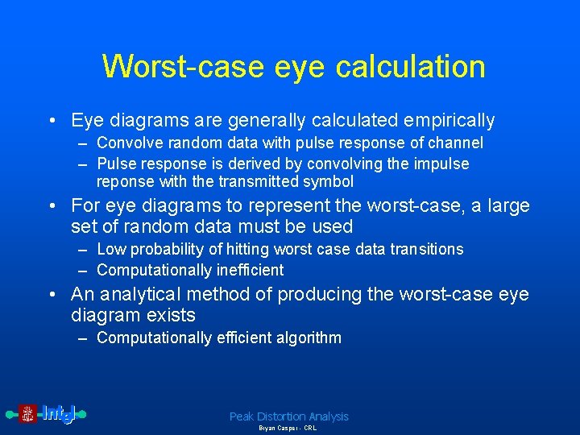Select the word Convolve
pos(127,143)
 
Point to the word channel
pos(454,143)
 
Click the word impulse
pos(442,164)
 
